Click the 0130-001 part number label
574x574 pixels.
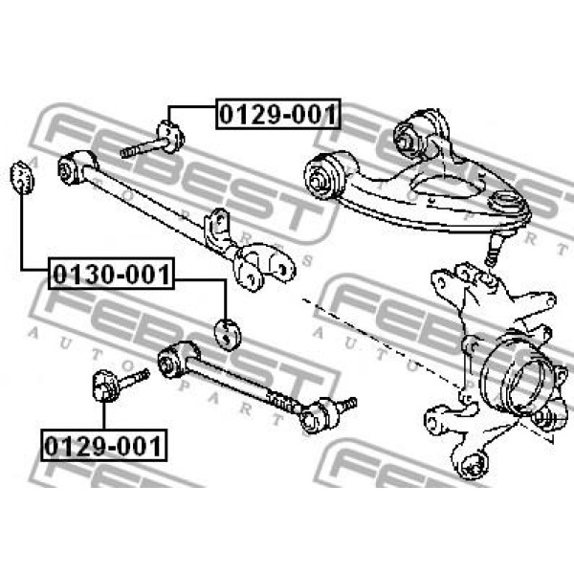coord(111,274)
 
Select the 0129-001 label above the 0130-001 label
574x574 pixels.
coord(278,114)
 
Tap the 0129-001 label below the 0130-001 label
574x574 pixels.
coord(103,446)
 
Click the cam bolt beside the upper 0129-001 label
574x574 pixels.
coord(153,140)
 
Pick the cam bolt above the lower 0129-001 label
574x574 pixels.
coord(120,385)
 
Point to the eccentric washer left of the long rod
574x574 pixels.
coord(22,178)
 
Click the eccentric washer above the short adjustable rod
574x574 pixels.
coord(227,335)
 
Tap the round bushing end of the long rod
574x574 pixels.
coord(75,167)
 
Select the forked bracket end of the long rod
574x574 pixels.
coord(264,267)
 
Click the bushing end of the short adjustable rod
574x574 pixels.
coord(178,360)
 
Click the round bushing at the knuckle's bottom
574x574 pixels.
coord(473,465)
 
